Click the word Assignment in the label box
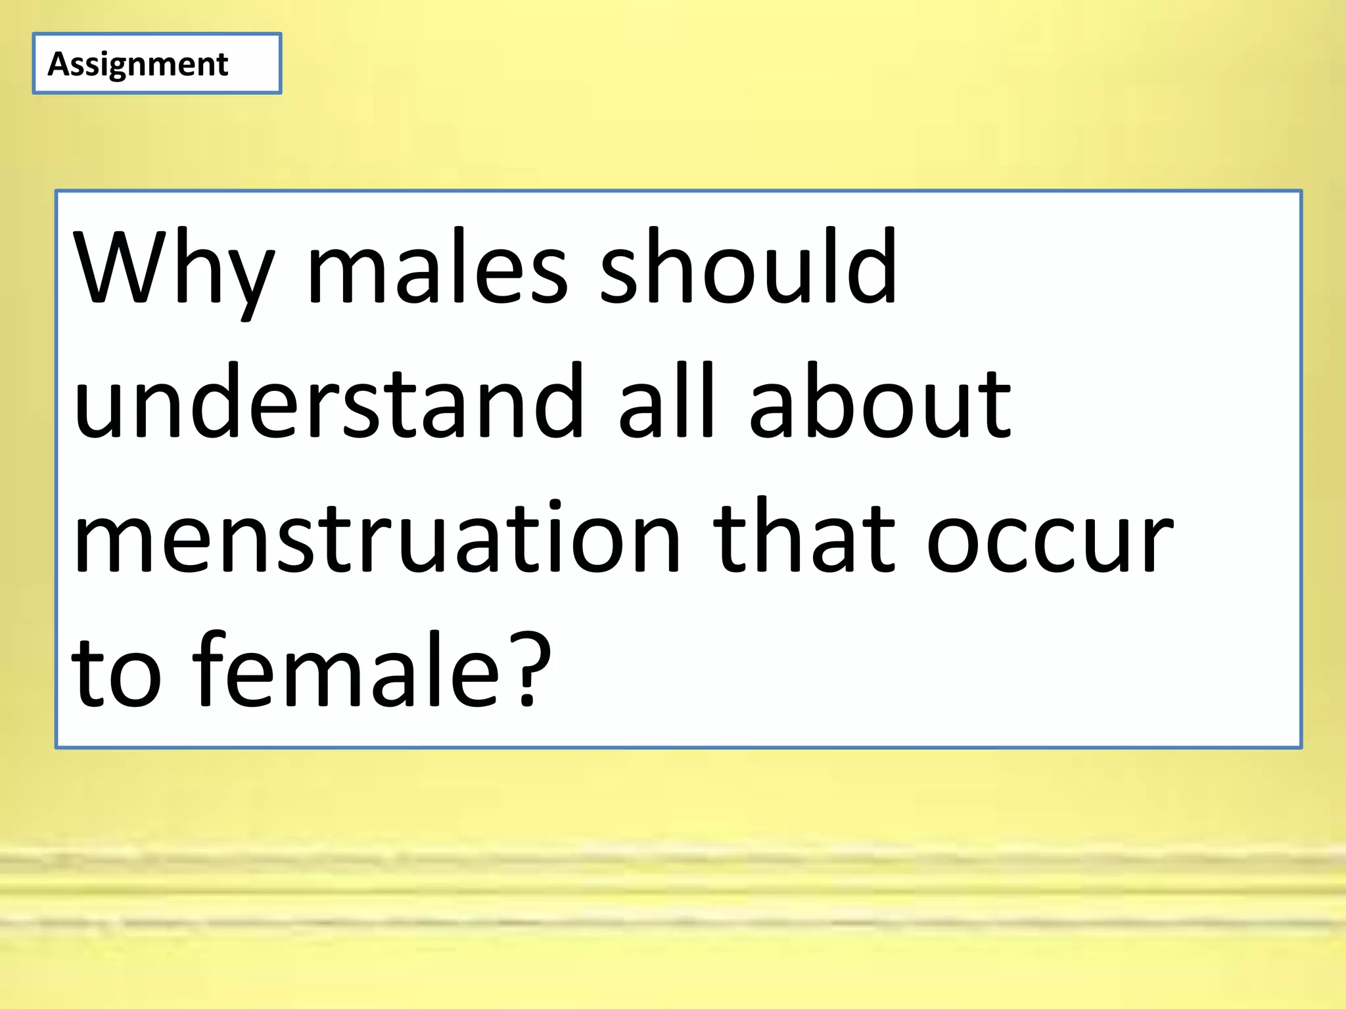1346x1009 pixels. coord(138,64)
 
